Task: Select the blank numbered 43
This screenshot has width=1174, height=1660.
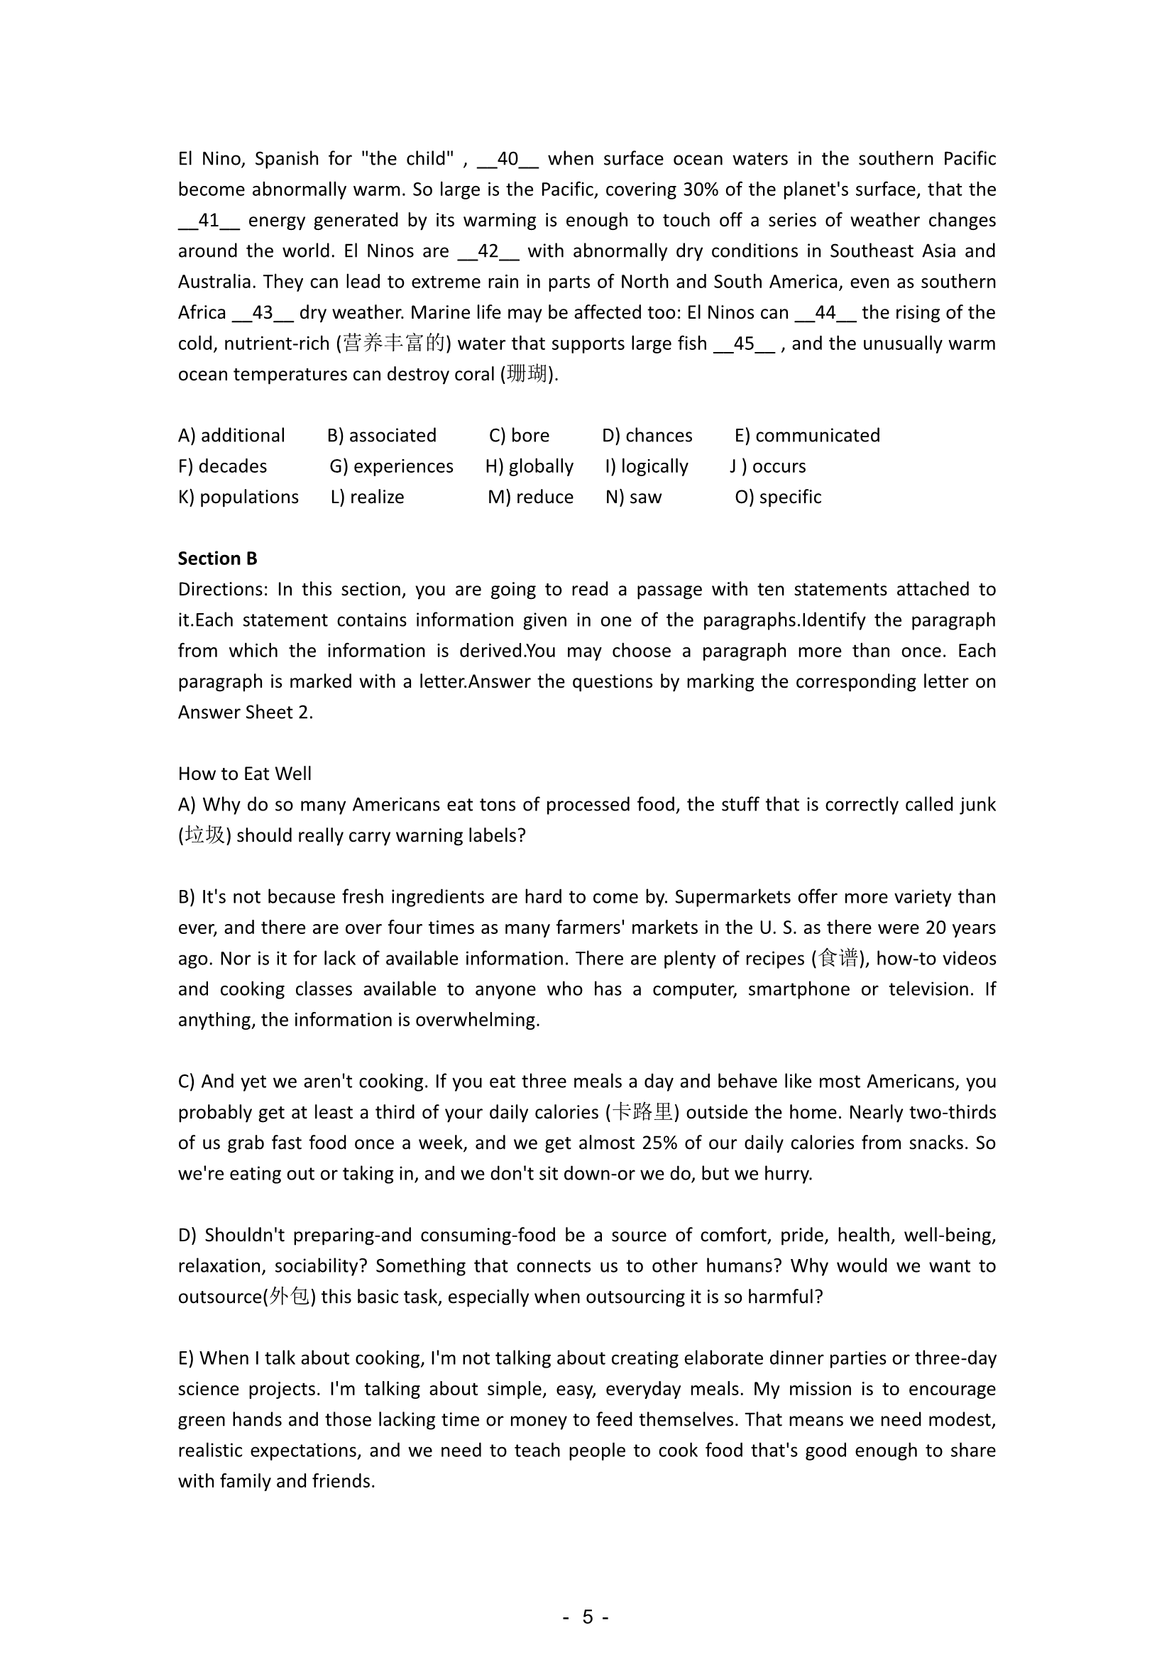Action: coord(263,313)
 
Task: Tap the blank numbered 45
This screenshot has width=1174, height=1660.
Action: coord(744,343)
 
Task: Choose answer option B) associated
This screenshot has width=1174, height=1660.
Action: coord(382,435)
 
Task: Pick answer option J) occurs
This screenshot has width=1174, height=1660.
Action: coord(768,466)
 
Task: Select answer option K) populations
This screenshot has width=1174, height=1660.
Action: coord(238,498)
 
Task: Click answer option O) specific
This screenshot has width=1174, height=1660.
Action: coord(778,498)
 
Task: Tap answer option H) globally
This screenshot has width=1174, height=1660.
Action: coord(530,466)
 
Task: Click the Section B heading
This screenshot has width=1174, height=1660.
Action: coord(218,558)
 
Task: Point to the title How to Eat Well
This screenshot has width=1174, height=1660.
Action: coord(244,774)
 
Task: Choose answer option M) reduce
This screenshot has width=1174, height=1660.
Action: coord(531,498)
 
